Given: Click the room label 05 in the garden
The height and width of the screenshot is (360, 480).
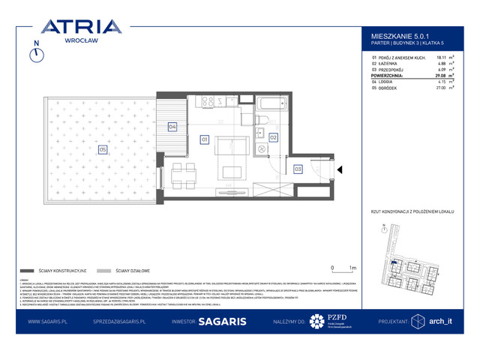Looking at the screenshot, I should pyautogui.click(x=102, y=149).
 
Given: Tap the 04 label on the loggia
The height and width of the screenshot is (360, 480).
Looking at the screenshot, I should pyautogui.click(x=172, y=127).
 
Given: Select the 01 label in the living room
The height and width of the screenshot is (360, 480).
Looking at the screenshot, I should pyautogui.click(x=204, y=139).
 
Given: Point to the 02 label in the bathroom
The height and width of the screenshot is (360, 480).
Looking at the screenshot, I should pyautogui.click(x=274, y=137).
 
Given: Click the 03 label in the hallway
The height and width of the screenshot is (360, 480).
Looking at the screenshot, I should pyautogui.click(x=298, y=169).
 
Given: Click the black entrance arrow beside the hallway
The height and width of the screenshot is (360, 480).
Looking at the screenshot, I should pyautogui.click(x=339, y=170).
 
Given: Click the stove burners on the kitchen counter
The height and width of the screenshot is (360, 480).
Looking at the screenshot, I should pyautogui.click(x=208, y=101).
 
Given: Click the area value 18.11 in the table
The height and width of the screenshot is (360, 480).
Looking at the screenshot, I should pyautogui.click(x=421, y=57).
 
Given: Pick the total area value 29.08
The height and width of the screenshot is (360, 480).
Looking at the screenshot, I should pyautogui.click(x=420, y=76).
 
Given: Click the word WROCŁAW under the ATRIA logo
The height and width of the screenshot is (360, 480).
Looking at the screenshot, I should pyautogui.click(x=80, y=43).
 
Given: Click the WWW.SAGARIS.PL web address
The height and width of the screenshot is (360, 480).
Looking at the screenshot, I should pyautogui.click(x=49, y=321).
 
